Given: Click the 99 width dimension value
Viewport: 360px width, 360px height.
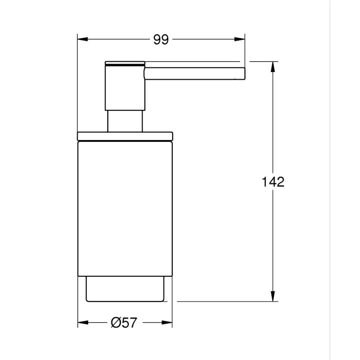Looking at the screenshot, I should pyautogui.click(x=161, y=40).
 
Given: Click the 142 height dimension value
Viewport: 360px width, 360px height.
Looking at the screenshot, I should pyautogui.click(x=273, y=182).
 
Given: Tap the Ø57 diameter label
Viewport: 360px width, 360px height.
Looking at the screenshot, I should pyautogui.click(x=124, y=323).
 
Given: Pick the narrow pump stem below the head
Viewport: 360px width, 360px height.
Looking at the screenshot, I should pyautogui.click(x=125, y=121).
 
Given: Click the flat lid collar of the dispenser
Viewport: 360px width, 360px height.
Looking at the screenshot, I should pyautogui.click(x=125, y=136).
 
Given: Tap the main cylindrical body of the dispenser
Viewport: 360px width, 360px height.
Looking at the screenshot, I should pyautogui.click(x=125, y=208).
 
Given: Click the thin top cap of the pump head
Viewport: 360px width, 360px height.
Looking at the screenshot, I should pyautogui.click(x=125, y=63).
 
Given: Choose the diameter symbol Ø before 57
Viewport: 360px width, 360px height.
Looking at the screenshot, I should pyautogui.click(x=116, y=323).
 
